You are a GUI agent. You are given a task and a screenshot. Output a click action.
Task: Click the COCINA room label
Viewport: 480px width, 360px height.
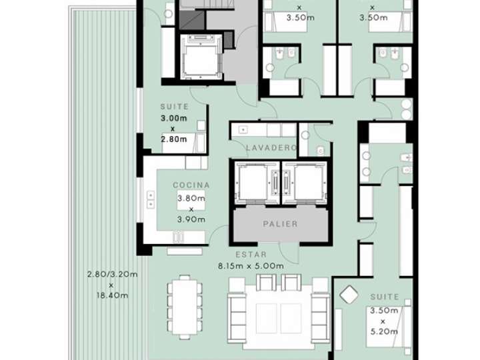[191, 185]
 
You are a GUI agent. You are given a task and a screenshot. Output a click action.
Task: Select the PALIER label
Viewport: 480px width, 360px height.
[279, 224]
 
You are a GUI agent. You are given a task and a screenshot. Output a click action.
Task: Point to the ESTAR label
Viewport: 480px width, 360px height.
[251, 255]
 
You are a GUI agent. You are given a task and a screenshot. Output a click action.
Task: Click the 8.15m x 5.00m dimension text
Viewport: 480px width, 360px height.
[251, 266]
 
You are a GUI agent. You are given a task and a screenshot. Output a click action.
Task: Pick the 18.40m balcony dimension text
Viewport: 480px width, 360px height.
[111, 295]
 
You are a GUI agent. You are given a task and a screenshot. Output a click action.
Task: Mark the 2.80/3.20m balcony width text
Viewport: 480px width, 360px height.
[111, 274]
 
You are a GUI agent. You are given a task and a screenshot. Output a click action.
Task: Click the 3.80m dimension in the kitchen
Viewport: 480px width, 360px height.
[191, 198]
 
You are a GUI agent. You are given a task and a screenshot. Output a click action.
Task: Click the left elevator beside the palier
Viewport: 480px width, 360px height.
[251, 181]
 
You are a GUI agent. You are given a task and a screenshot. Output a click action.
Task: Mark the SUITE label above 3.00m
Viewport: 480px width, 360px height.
[175, 107]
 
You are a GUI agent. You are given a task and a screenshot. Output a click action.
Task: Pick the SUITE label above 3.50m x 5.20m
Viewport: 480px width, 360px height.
[383, 297]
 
